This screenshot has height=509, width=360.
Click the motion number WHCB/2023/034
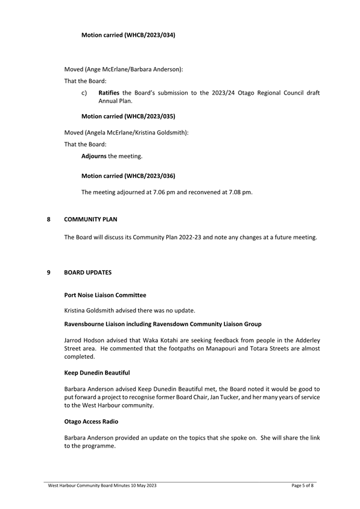149,36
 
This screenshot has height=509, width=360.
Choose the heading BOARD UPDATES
87,273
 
